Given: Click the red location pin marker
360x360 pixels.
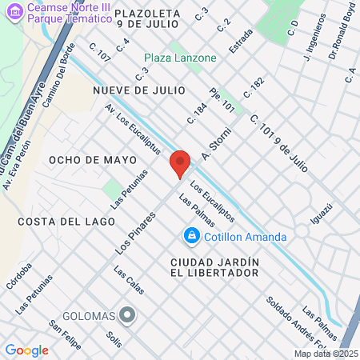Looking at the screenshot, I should tap(180, 162).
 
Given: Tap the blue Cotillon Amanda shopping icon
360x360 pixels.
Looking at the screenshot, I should tap(191, 235).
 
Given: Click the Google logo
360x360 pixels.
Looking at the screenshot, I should tap(26, 350).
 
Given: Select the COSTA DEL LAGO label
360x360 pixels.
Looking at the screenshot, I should tap(58, 221).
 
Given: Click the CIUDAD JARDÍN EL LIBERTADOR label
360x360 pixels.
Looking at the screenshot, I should tap(214, 267).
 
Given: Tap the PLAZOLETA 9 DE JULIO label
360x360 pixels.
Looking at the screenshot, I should tap(152, 18).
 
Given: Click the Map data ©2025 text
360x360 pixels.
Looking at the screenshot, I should tap(326, 353).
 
